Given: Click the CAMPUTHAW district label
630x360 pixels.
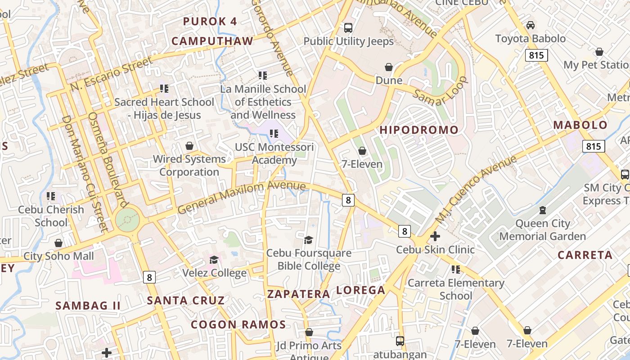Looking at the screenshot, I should coord(212,41).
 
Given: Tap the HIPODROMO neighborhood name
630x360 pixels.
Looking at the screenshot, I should coord(419,130).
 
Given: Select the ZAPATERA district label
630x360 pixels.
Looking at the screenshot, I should coord(299,294).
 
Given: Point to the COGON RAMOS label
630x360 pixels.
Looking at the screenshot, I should coord(238,324).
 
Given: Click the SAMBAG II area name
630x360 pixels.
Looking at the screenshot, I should coord(88,306).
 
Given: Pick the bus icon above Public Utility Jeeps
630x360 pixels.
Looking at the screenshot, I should coord(348,28).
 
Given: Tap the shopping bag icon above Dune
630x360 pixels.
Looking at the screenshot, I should coord(389,67).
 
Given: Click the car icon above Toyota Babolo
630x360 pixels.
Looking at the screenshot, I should coord(531,25).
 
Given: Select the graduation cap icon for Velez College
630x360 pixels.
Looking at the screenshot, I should coord(214,260).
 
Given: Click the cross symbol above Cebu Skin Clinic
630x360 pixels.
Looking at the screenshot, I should coord(435,236).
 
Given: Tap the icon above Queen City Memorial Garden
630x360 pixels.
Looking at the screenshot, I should coord(543,210).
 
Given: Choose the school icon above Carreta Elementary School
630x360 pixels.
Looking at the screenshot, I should coord(456,270).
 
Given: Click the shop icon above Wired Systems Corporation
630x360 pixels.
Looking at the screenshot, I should coord(189,146).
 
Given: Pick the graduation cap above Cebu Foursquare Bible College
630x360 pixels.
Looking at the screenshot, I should coord(308,240).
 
